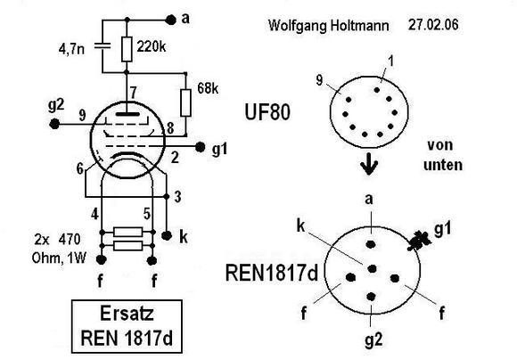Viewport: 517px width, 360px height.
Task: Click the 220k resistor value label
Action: [152, 47]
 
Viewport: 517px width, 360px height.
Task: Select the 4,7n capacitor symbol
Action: [102, 46]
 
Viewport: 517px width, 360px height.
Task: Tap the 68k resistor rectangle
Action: [185, 102]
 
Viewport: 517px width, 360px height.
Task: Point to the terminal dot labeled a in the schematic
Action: [170, 20]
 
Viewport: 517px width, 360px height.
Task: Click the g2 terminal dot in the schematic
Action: [54, 124]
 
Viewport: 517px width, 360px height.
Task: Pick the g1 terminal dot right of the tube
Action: [200, 147]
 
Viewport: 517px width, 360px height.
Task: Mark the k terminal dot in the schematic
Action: [167, 235]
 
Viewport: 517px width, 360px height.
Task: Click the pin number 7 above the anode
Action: [133, 93]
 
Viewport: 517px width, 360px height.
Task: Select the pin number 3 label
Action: [177, 197]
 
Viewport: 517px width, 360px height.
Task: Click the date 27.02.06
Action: [433, 25]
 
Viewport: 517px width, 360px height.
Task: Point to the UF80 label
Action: [267, 111]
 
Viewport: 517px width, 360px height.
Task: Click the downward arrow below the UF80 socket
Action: [369, 164]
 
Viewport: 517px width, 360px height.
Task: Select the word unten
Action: [442, 165]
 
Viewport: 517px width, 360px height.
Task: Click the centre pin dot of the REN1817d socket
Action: [372, 269]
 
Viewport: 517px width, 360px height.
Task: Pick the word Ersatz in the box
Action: [127, 313]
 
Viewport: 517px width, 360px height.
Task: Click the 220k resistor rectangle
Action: [127, 49]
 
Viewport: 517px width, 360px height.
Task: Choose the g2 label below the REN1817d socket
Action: [373, 340]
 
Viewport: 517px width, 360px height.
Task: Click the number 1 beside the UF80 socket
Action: [391, 61]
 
